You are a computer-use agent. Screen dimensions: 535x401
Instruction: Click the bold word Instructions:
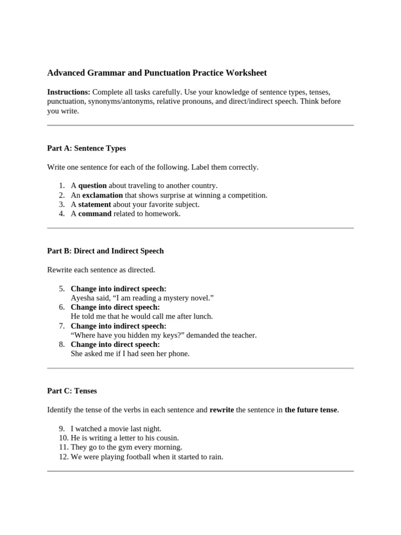pyautogui.click(x=68, y=92)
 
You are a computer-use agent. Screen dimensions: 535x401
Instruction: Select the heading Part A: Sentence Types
pyautogui.click(x=86, y=148)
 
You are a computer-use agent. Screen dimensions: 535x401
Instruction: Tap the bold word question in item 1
pyautogui.click(x=92, y=185)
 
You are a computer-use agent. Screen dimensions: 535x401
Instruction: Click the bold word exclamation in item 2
pyautogui.click(x=102, y=195)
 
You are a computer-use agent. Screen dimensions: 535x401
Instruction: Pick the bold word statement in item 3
pyautogui.click(x=95, y=204)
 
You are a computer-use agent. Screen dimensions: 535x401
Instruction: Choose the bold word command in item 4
pyautogui.click(x=95, y=214)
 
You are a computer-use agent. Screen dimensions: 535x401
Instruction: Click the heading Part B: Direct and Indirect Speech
pyautogui.click(x=105, y=251)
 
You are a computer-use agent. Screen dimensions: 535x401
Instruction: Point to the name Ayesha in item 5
pyautogui.click(x=82, y=298)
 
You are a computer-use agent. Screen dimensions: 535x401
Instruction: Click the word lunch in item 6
pyautogui.click(x=203, y=316)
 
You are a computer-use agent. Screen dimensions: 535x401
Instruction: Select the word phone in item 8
pyautogui.click(x=179, y=354)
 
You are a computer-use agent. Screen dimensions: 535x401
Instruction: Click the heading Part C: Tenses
pyautogui.click(x=72, y=391)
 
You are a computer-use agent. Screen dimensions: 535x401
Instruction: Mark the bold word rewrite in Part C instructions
pyautogui.click(x=221, y=410)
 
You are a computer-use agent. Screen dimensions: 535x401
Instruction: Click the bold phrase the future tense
pyautogui.click(x=311, y=410)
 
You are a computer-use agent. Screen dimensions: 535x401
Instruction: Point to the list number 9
pyautogui.click(x=62, y=428)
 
